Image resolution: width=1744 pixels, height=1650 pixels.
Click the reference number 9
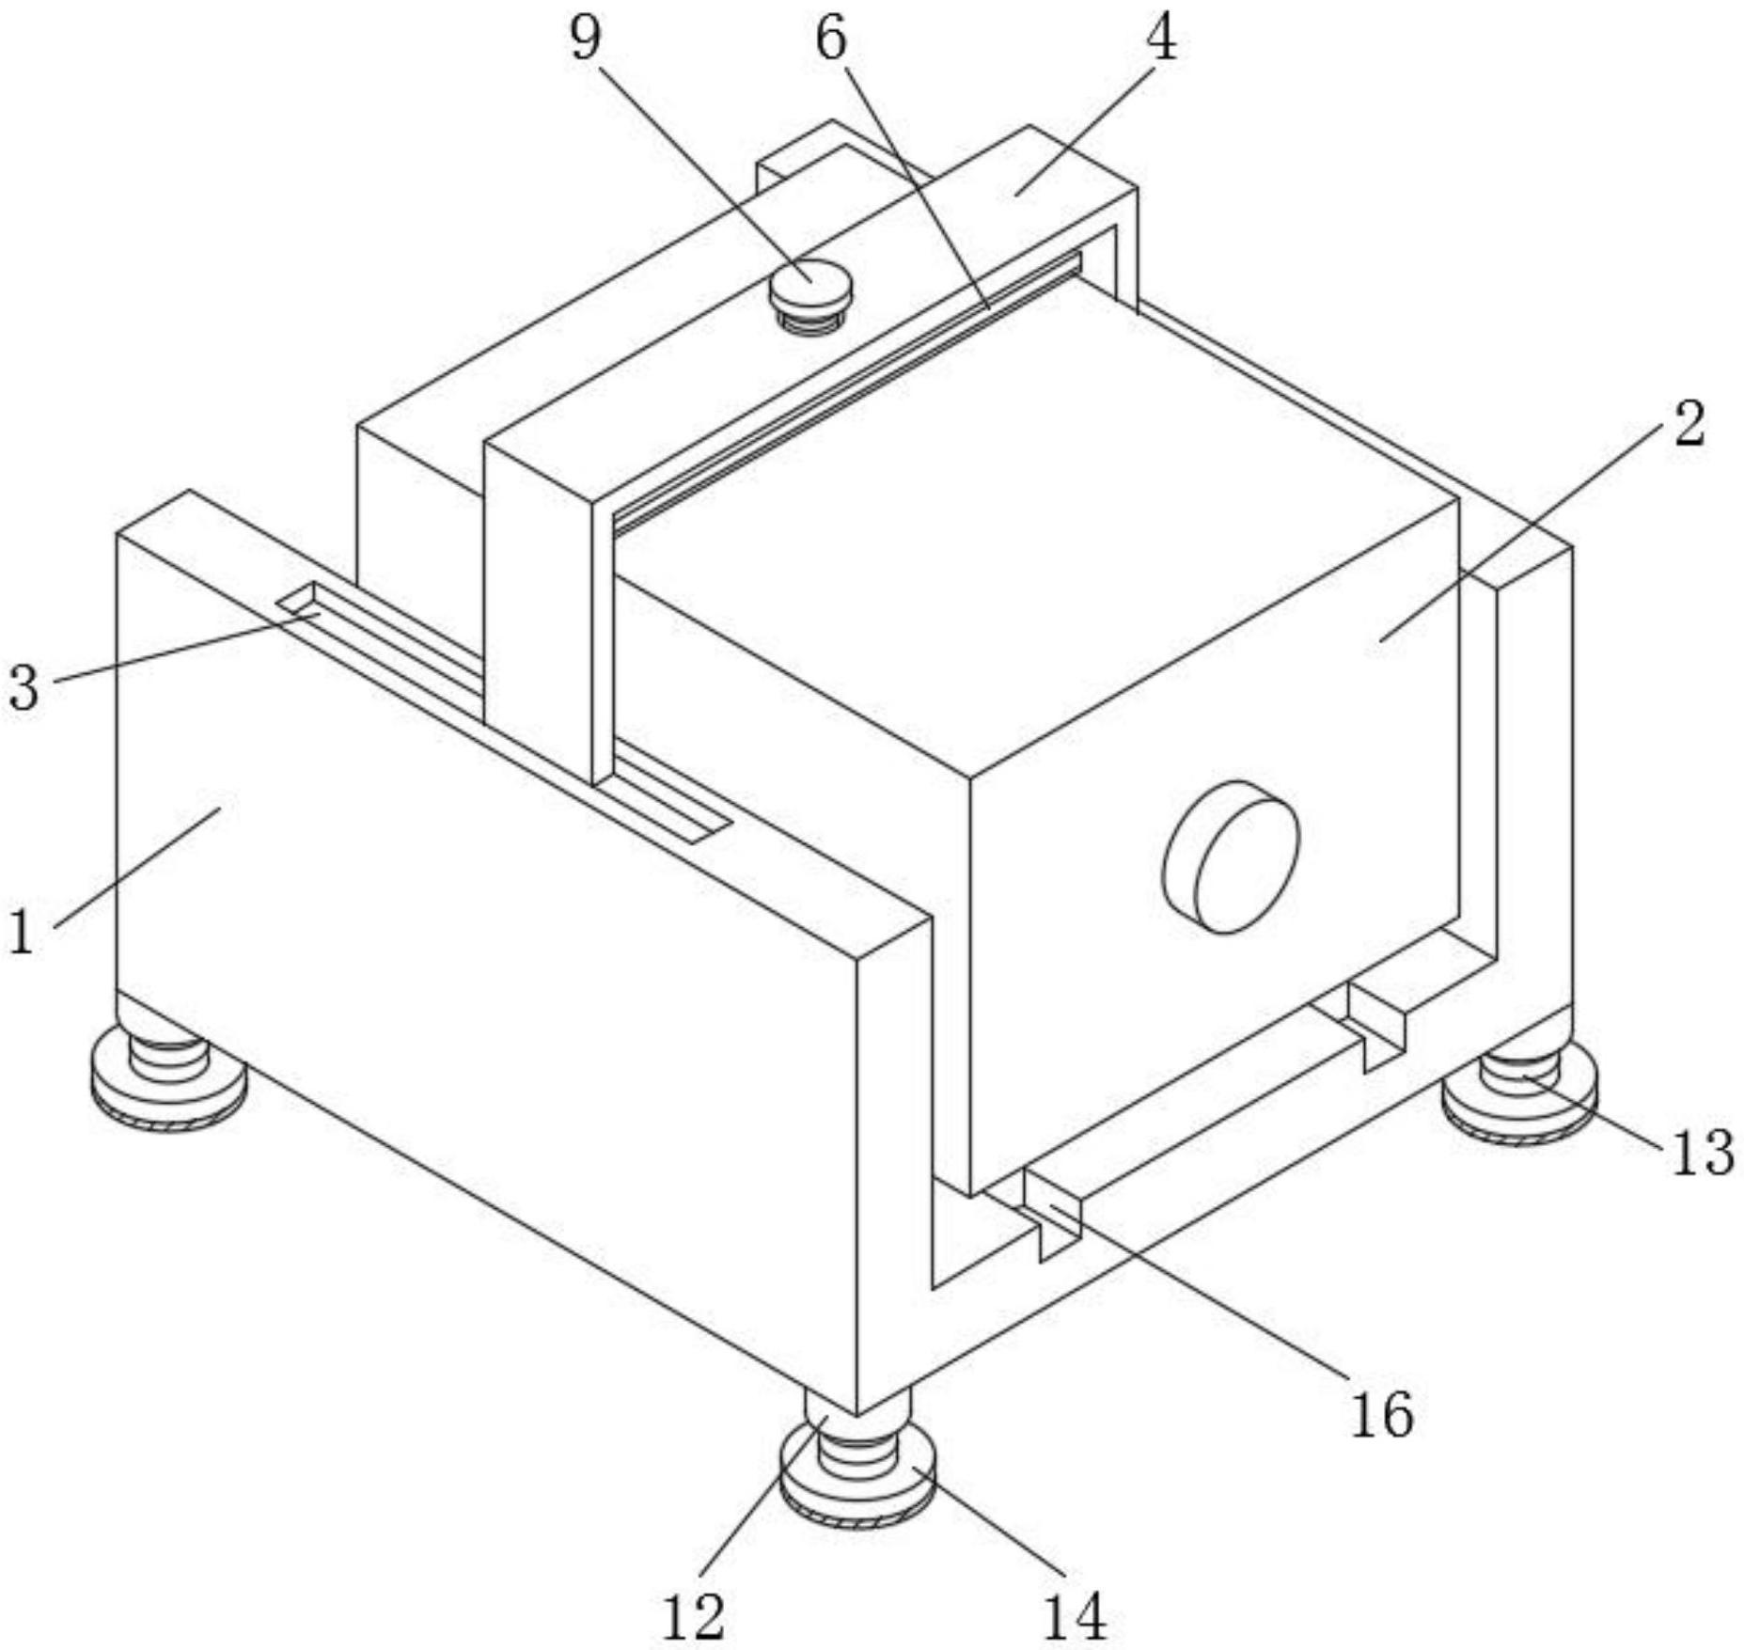[585, 40]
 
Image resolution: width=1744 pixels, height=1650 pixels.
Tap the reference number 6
[831, 40]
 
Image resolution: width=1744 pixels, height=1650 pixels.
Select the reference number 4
[1162, 40]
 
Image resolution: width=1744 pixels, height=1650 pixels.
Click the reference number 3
[24, 687]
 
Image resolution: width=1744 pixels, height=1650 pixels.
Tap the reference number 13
[1703, 1152]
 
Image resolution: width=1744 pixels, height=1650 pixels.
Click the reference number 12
[693, 1615]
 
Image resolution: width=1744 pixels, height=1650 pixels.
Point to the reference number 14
[1076, 1615]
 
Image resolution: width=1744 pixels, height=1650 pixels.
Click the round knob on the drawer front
[1232, 856]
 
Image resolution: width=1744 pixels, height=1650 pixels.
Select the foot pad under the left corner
[169, 1091]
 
